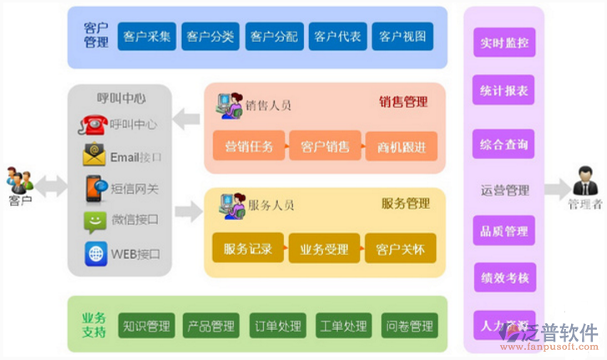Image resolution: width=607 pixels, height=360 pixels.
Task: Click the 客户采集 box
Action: point(147,37)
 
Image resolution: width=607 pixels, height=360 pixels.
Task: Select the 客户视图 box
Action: point(402,37)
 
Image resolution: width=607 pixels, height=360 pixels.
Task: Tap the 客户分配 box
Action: point(274,37)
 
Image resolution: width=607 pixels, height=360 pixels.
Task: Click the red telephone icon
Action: point(94,124)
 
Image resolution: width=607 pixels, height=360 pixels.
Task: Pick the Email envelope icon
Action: point(94,156)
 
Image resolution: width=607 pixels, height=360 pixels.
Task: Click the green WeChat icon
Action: point(94,221)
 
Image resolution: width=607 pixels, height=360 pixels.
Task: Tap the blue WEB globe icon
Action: point(95,253)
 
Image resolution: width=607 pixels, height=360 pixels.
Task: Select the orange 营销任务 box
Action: point(248,147)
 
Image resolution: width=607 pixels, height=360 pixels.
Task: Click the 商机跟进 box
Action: point(401,147)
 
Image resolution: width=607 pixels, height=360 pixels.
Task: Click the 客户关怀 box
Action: point(400,248)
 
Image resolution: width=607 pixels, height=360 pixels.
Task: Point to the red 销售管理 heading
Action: point(403,102)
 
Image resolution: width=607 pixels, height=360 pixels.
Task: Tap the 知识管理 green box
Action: point(147,326)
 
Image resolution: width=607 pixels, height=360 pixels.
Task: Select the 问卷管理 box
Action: point(409,326)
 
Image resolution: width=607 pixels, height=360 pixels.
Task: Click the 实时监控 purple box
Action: point(504,42)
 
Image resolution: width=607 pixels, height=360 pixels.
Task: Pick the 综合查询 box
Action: point(504,145)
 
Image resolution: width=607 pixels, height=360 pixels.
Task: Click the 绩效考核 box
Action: point(504,277)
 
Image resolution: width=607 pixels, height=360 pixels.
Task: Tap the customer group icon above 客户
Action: point(20,180)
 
